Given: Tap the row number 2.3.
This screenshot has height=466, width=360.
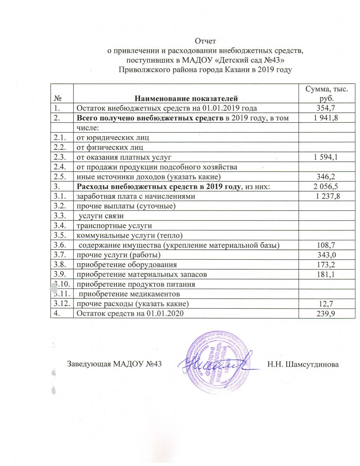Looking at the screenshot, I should coord(59,157).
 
